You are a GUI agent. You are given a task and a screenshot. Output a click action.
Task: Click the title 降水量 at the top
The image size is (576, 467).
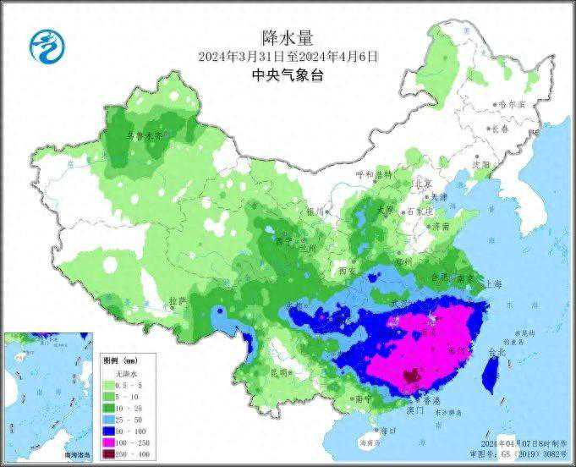tap(288, 36)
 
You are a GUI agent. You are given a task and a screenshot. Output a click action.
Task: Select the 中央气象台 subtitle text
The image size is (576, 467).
tap(288, 75)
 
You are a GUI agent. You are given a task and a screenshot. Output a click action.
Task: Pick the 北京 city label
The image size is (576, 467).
tap(422, 184)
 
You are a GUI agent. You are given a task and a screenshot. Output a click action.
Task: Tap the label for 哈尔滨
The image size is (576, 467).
tap(510, 104)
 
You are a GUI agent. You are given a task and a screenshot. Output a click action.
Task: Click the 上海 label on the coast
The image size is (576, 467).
tap(495, 284)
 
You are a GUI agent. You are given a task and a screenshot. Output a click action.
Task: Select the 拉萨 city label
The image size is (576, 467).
tap(176, 301)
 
